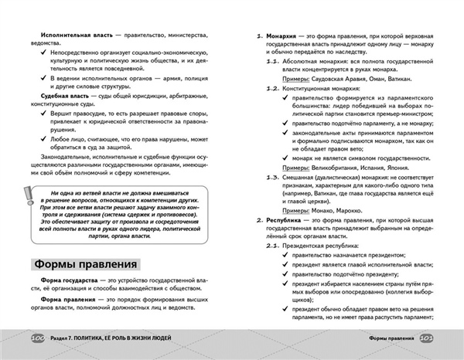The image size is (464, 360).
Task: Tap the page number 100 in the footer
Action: (36, 338)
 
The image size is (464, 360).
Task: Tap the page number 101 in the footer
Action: (428, 338)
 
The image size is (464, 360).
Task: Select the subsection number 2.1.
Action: (271, 245)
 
